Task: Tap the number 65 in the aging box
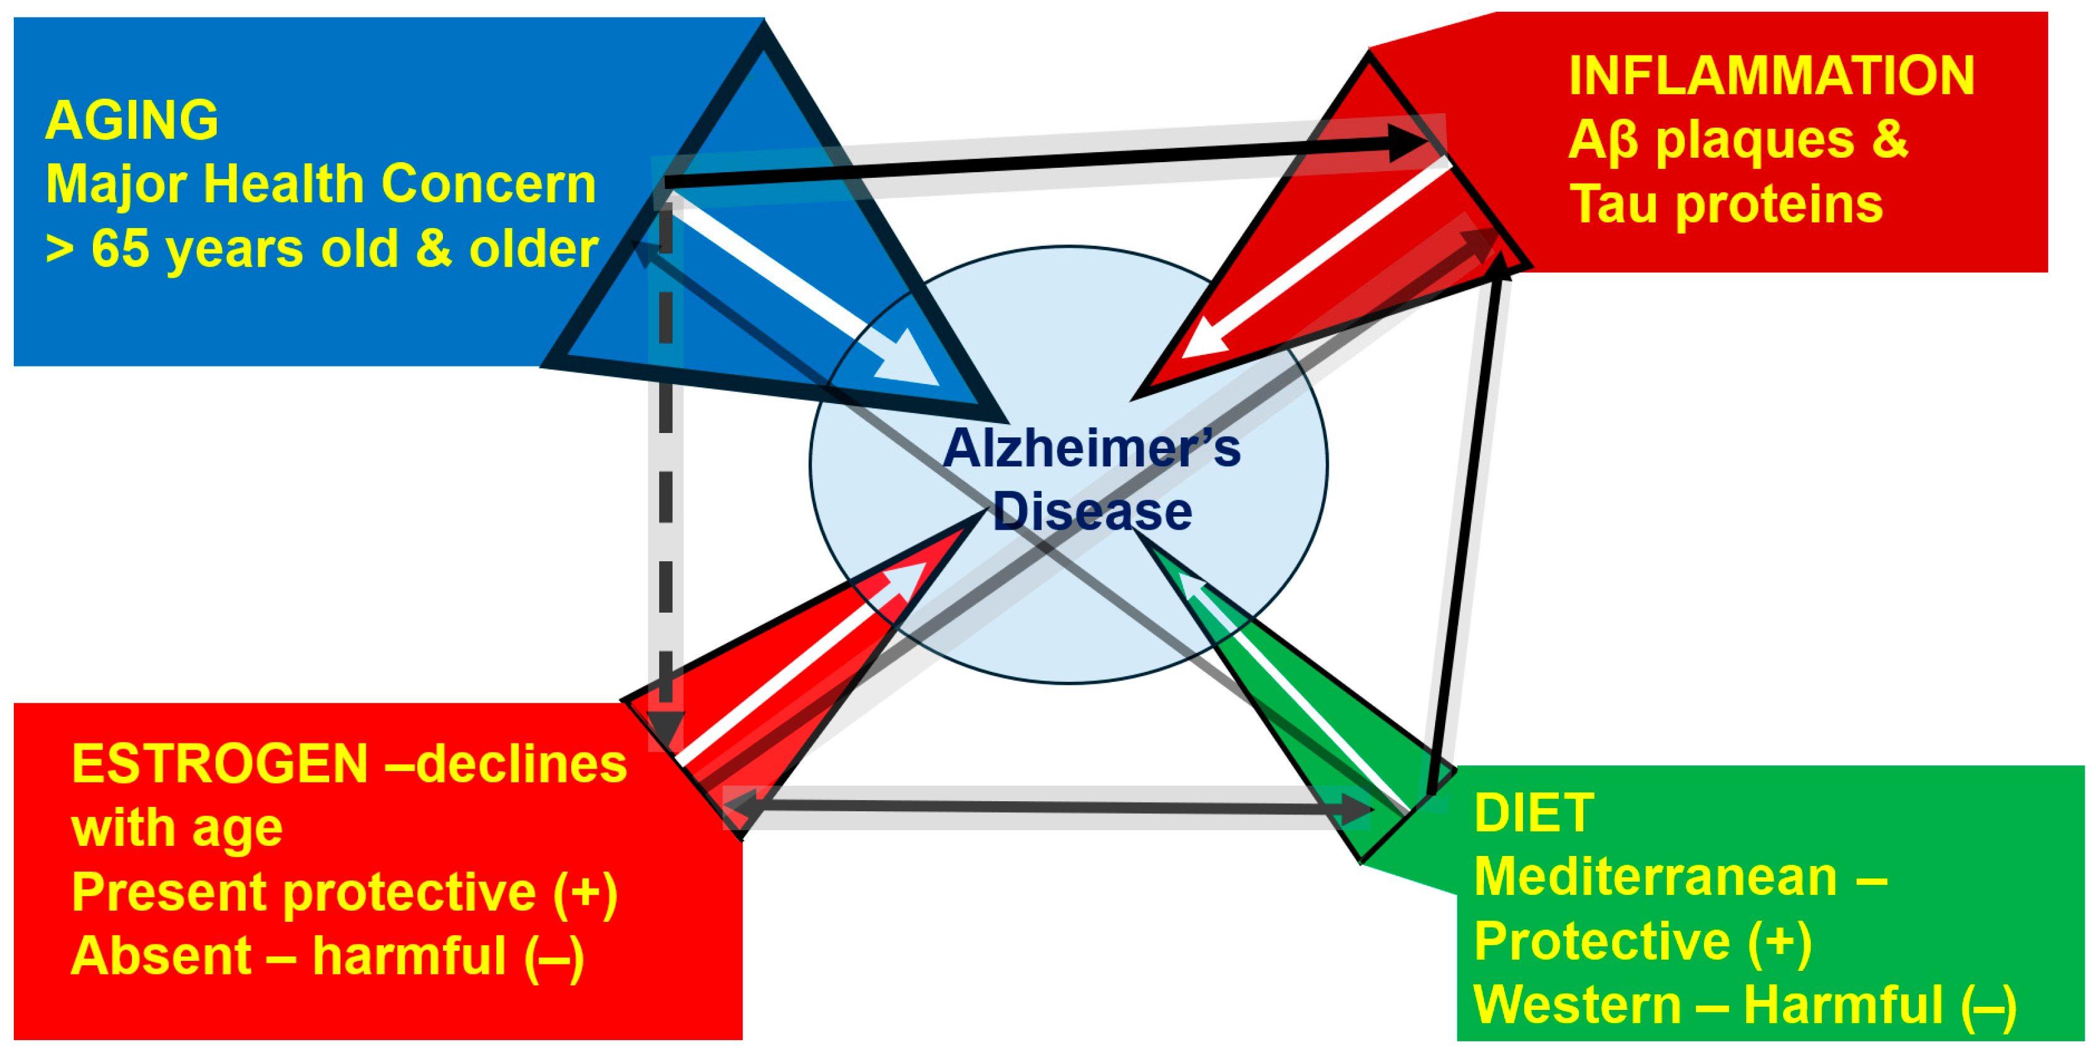121,248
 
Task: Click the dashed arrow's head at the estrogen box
665,726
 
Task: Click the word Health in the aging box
284,184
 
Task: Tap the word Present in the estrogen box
168,892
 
